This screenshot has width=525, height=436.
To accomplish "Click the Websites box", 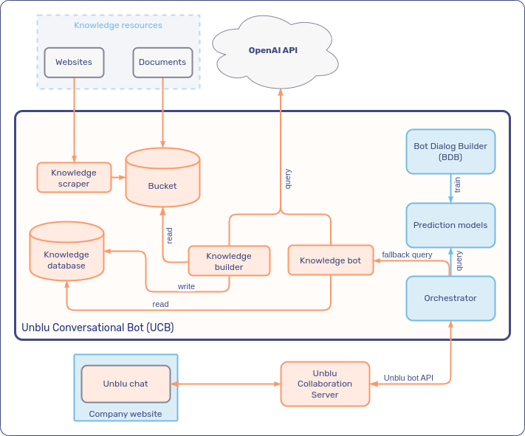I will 74,63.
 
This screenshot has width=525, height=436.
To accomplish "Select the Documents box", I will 162,63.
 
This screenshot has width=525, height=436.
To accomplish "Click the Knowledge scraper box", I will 74,178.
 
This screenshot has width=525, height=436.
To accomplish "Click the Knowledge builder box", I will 229,261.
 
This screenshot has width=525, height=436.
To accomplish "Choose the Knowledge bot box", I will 330,260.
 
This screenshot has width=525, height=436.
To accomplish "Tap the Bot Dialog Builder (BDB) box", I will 450,151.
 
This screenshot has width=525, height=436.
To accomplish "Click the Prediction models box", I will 450,225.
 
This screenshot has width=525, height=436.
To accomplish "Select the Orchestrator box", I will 450,298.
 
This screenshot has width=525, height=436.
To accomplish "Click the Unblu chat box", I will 126,384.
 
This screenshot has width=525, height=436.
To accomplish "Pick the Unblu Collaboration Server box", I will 325,384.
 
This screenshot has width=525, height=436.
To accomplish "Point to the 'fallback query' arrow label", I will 407,255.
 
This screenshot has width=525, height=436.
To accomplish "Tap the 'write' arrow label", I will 186,286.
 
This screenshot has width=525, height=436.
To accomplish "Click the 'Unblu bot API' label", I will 408,378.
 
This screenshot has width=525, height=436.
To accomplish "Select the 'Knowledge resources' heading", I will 118,25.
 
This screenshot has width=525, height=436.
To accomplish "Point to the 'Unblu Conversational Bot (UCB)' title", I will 97,327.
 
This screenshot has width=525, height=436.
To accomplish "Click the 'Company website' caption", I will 126,414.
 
